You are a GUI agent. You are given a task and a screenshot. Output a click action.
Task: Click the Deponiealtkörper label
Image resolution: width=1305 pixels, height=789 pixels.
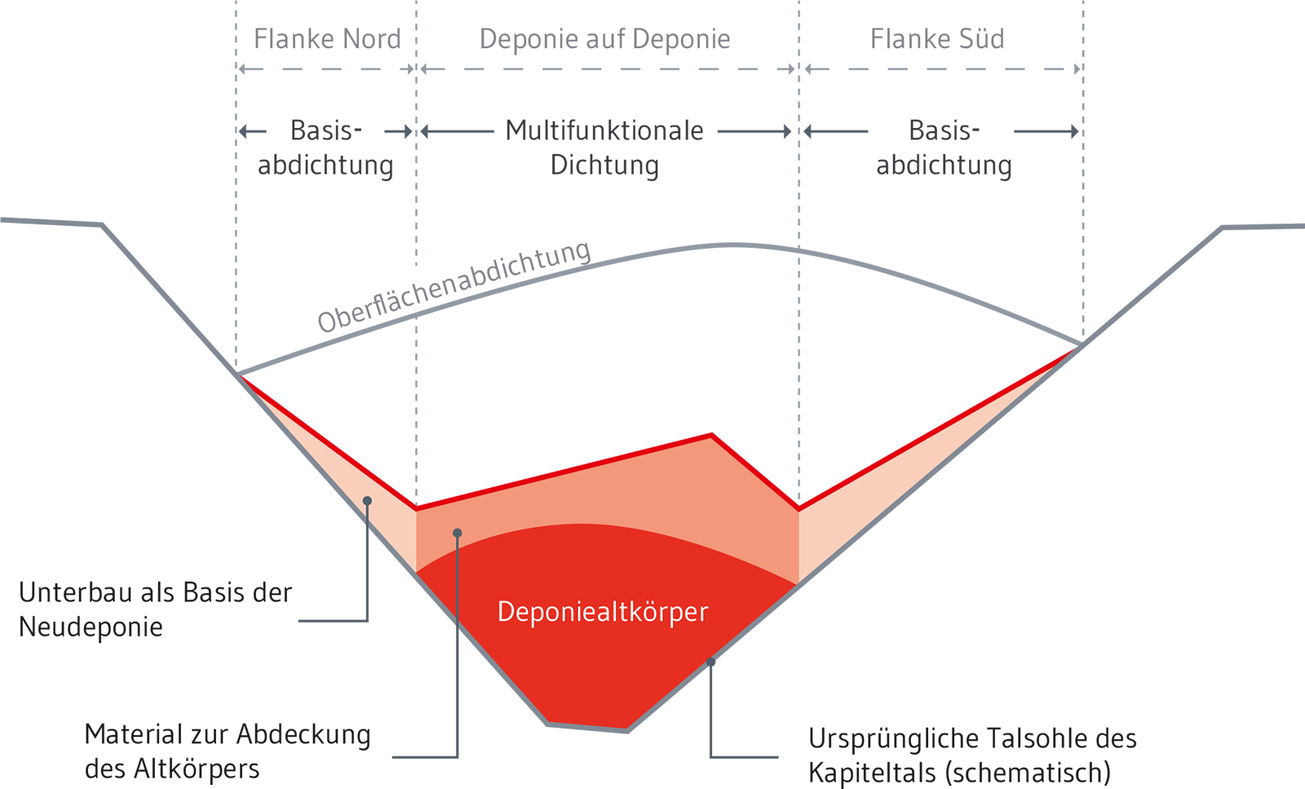[602, 612]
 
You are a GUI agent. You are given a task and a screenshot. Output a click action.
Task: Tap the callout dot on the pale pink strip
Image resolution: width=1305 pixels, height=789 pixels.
[367, 500]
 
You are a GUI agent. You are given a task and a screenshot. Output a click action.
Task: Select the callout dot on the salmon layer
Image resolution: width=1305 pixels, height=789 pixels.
[458, 533]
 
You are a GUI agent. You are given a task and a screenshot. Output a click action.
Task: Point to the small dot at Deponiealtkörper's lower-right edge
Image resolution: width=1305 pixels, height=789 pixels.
[710, 662]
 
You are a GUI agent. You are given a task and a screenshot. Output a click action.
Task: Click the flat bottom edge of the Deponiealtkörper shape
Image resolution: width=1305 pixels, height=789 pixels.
[587, 725]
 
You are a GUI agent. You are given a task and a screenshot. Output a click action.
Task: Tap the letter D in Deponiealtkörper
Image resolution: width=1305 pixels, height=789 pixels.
[504, 611]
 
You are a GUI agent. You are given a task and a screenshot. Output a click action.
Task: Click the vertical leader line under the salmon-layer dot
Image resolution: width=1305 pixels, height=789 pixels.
[458, 579]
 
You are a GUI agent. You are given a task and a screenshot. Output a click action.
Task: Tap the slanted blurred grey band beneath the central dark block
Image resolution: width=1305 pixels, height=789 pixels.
[440, 269]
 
